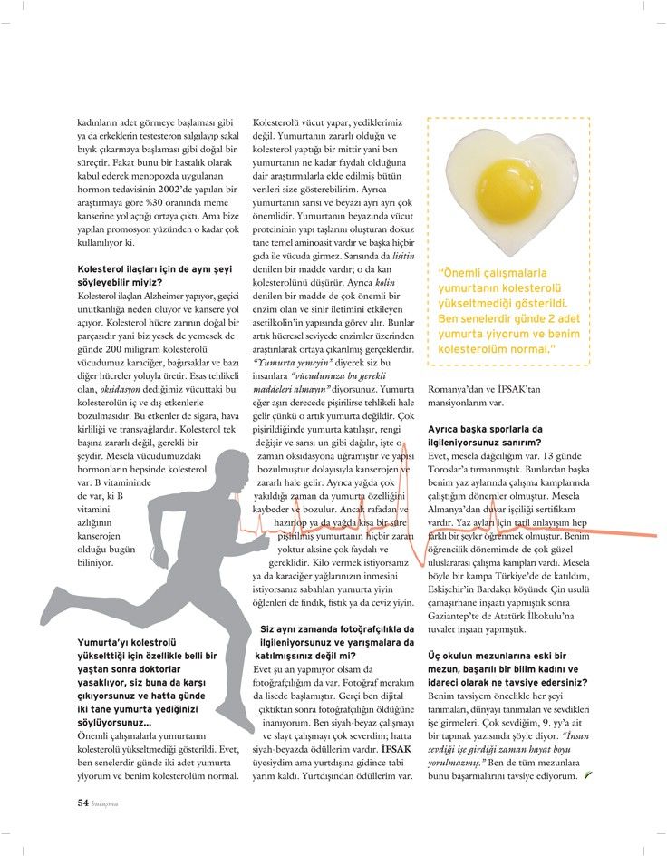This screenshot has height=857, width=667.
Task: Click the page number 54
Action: coord(82,802)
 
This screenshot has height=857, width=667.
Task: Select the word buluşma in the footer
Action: coord(106,803)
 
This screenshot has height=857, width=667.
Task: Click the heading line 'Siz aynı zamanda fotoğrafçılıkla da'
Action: coord(337,628)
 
